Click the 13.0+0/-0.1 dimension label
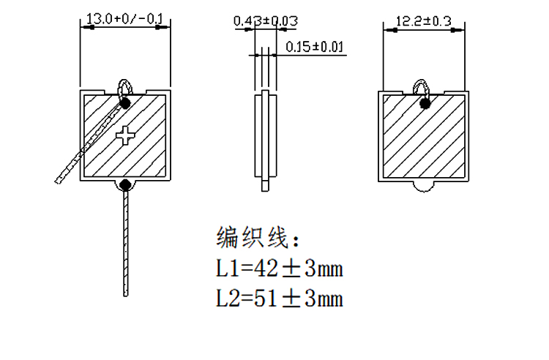pos(124,18)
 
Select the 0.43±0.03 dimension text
pos(266,21)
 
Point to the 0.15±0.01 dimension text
pos(315,47)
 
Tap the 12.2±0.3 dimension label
pos(424,21)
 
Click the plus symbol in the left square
pos(125,136)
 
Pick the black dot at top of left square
pos(125,103)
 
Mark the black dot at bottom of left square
pos(125,184)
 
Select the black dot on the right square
pos(425,104)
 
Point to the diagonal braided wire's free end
pos(57,181)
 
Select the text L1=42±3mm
pos(280,269)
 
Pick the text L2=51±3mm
pos(280,299)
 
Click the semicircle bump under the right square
pos(424,187)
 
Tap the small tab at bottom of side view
pos(266,184)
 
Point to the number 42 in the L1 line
pos(266,269)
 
